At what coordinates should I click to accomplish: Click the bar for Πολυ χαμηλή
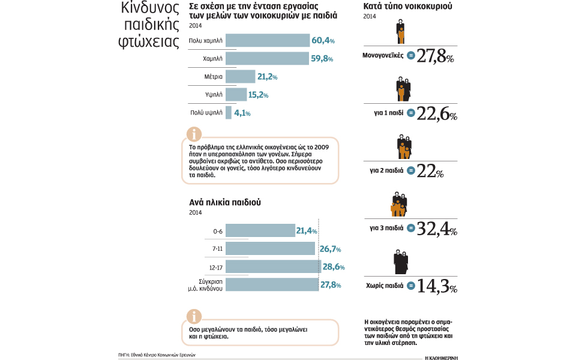tap(268, 41)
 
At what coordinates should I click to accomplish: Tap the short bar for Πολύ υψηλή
tap(229, 112)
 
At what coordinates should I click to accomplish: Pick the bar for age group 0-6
tap(260, 230)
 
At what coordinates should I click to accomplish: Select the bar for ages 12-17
tap(273, 266)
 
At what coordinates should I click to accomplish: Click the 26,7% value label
tap(330, 248)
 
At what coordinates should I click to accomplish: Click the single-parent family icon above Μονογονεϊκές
tap(400, 32)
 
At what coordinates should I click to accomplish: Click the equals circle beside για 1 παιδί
tap(411, 113)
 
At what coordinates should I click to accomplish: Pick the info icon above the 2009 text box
tap(194, 133)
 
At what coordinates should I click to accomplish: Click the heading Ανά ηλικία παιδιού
tap(225, 202)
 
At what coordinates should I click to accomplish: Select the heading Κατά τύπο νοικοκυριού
tap(408, 7)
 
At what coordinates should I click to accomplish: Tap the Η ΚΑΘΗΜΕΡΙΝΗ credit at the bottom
tap(440, 356)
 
